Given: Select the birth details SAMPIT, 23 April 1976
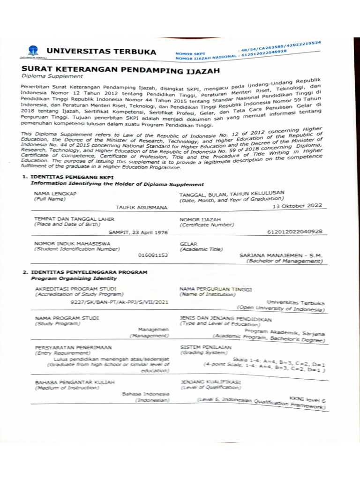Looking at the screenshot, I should point(138,232).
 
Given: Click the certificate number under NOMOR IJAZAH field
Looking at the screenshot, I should point(294,231).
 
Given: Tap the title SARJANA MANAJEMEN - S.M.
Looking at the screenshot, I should point(281,255).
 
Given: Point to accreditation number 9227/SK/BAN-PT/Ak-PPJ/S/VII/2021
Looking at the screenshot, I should point(119,303).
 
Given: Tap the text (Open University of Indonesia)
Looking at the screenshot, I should point(280,309).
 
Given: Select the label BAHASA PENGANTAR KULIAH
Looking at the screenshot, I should point(75,382).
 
